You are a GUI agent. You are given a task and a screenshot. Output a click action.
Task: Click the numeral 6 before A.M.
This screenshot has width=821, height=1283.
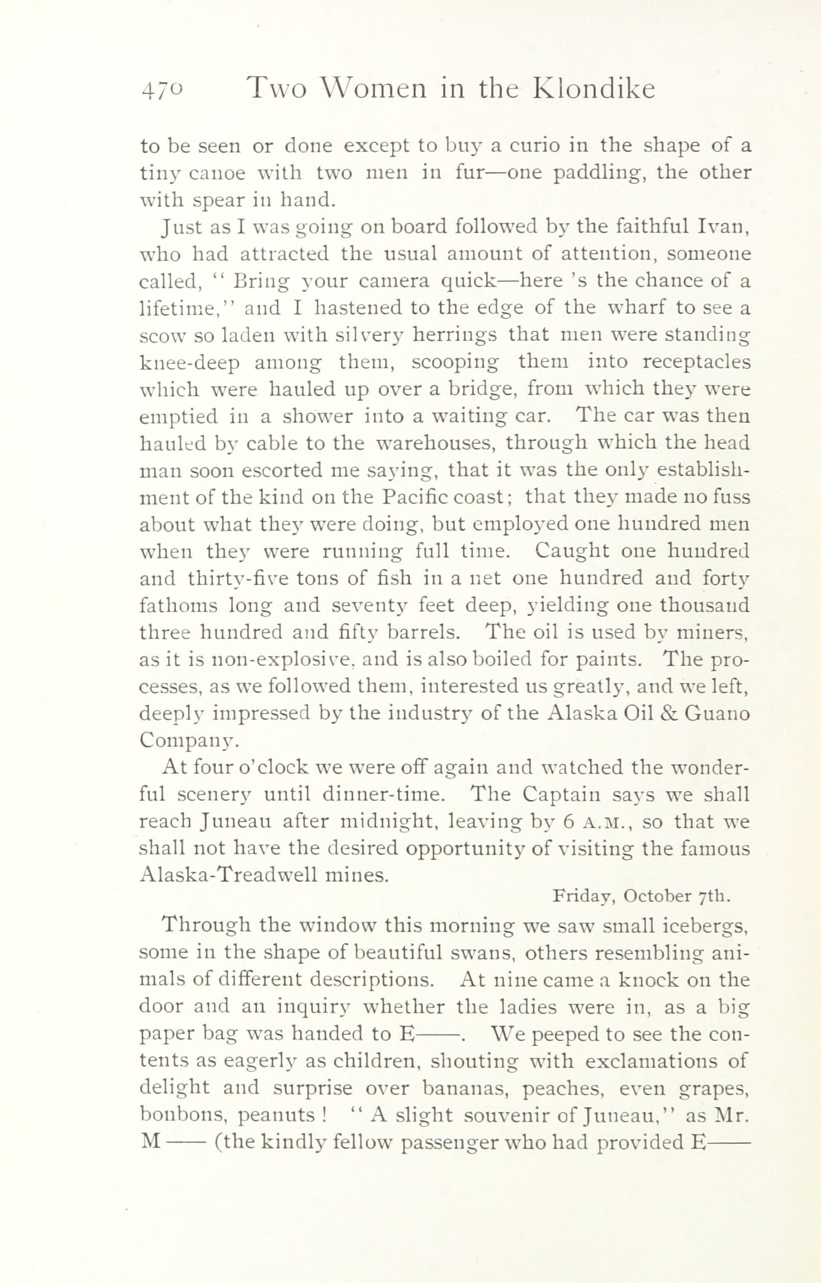(567, 821)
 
